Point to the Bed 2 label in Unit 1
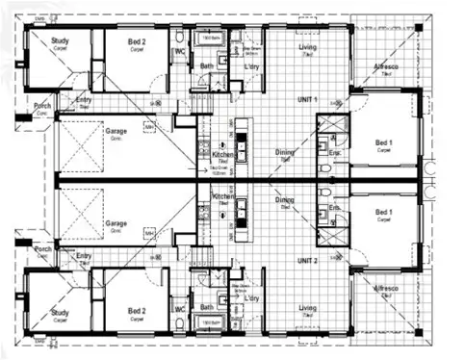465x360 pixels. point(139,42)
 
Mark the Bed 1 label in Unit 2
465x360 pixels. point(384,212)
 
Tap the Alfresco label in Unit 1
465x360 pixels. point(387,66)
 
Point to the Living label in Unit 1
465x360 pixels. point(308,47)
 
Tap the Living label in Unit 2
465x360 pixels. point(307,308)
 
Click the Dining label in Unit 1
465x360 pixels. point(286,151)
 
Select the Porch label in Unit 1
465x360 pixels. point(41,106)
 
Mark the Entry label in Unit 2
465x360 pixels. point(84,256)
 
